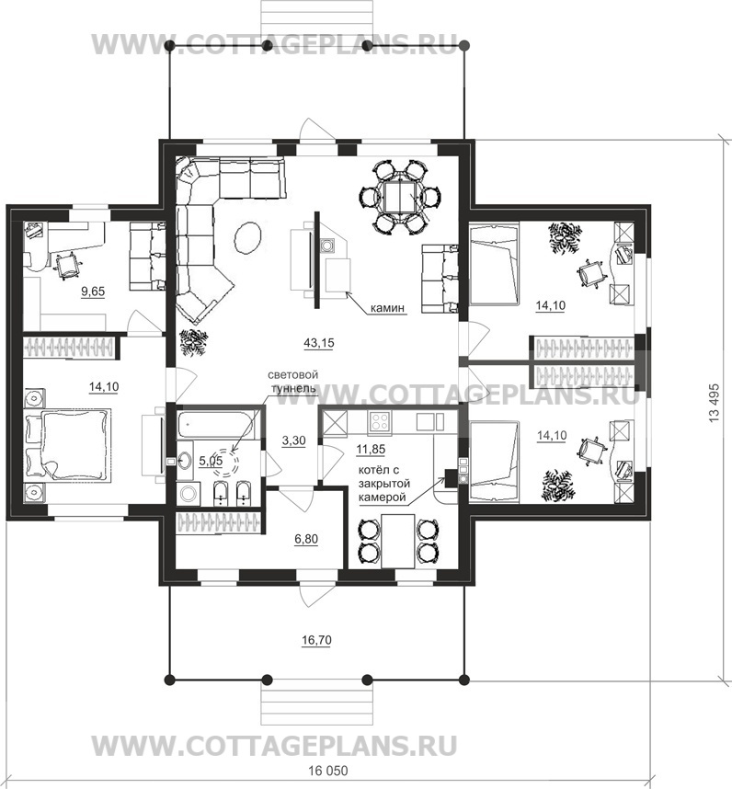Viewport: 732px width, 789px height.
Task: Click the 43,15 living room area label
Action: click(318, 343)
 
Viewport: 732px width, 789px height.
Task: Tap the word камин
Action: click(387, 308)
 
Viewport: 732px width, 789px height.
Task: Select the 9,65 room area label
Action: click(93, 292)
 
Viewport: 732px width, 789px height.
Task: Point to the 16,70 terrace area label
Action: click(316, 640)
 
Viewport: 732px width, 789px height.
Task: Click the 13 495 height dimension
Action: click(715, 403)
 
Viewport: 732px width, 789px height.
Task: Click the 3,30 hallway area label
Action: click(293, 440)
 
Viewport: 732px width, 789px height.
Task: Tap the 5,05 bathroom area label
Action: click(211, 461)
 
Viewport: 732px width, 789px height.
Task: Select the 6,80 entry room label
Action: click(306, 540)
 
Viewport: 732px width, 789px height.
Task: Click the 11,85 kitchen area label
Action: click(371, 450)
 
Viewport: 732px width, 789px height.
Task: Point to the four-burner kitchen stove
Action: click(379, 422)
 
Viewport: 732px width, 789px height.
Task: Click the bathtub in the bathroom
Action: click(216, 426)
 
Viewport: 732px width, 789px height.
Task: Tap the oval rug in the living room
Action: click(247, 238)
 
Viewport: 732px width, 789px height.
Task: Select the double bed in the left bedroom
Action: click(68, 445)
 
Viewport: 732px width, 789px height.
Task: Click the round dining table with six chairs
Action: click(400, 197)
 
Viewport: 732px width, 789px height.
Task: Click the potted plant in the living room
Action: click(194, 342)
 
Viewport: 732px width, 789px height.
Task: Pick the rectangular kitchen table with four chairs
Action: click(398, 541)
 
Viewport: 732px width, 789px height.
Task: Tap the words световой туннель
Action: click(292, 382)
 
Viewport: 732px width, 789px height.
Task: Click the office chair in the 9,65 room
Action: click(67, 265)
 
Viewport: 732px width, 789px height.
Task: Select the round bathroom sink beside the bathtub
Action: click(185, 460)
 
